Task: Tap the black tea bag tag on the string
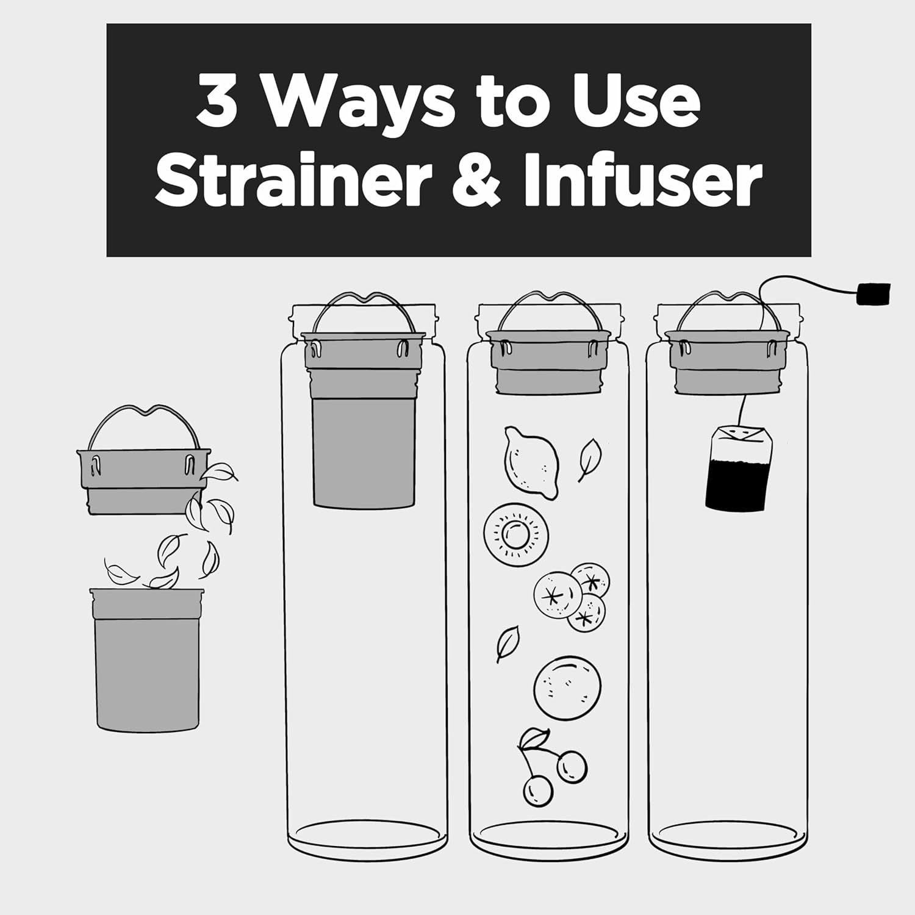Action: pos(874,293)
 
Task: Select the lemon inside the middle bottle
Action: pos(531,462)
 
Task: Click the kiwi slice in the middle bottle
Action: pos(516,535)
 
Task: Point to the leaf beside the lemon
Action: pos(590,459)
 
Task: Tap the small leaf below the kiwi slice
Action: pos(508,642)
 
